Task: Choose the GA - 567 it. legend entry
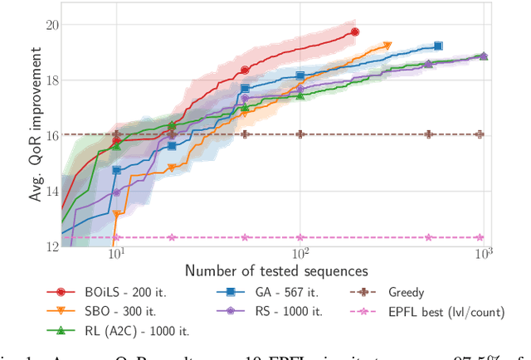coord(262,292)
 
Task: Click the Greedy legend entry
coord(406,292)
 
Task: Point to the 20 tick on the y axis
coord(52,25)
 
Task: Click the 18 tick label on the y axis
coord(52,80)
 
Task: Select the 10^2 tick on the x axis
coord(300,255)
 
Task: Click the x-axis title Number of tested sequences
coord(276,270)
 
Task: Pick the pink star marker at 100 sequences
coord(300,237)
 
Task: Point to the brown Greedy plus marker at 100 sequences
coord(300,134)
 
